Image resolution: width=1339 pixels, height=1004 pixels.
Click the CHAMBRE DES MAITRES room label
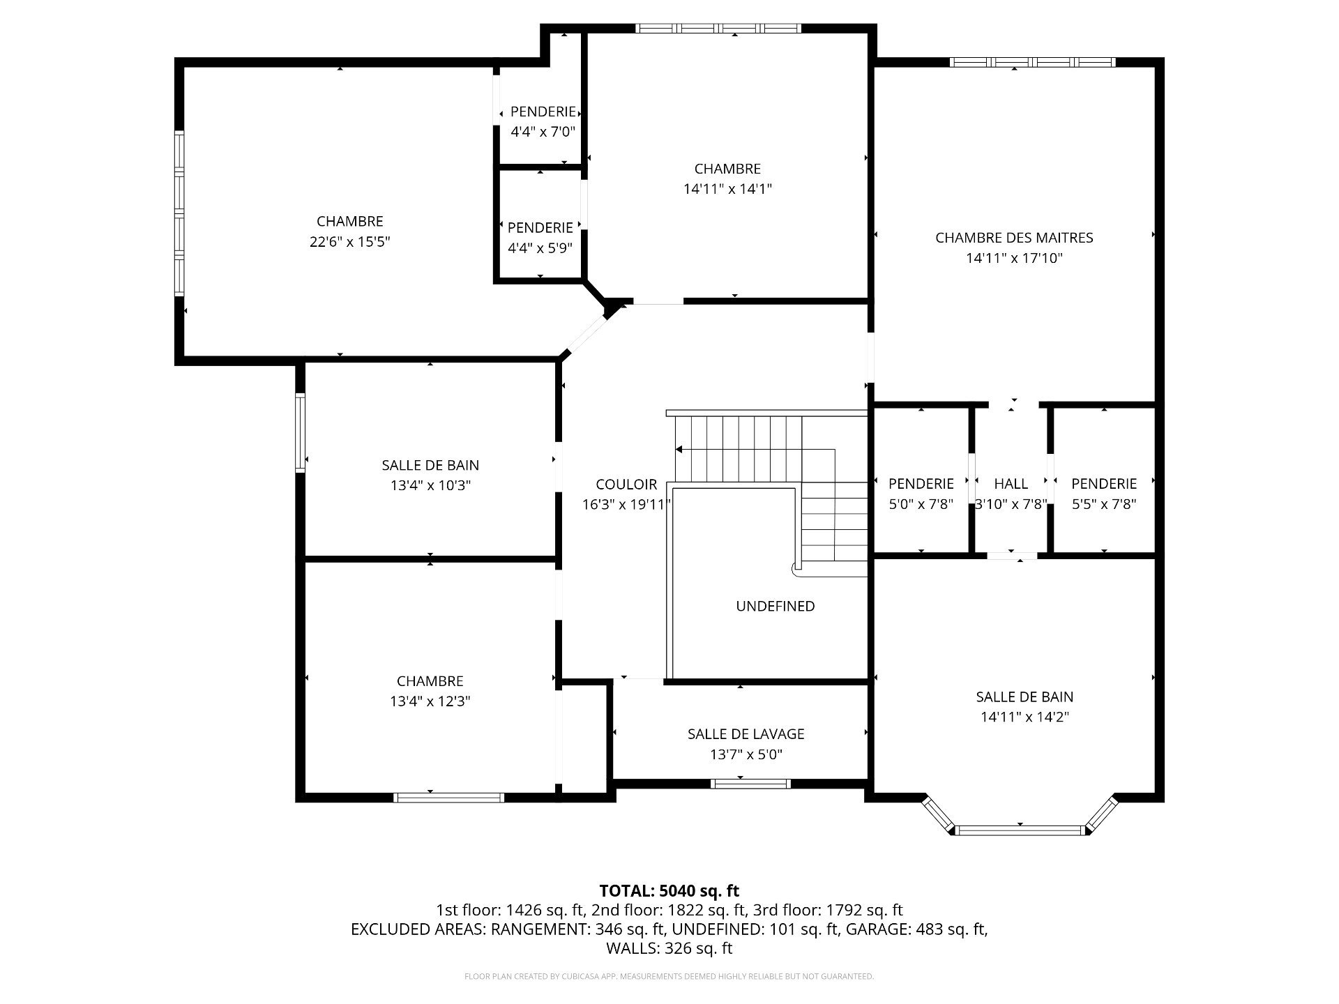coord(1014,238)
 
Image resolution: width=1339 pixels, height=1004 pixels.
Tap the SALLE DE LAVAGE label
coord(746,734)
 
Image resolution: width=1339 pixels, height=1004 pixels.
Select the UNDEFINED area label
coord(776,607)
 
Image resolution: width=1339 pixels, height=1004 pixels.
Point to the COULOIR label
coord(626,485)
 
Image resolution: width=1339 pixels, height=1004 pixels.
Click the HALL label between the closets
coord(1011,484)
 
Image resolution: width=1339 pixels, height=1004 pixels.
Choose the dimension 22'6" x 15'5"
coord(350,242)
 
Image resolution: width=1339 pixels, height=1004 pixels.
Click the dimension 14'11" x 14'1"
coord(727,189)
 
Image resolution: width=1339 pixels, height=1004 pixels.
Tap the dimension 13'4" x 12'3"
coord(430,701)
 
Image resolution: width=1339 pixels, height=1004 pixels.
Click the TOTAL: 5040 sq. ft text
coord(669,891)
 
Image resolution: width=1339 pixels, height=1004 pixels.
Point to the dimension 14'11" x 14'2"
coord(1024,717)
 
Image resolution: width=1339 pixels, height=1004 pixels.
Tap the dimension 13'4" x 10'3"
coord(431,485)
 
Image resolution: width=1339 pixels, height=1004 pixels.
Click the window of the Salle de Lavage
coord(750,784)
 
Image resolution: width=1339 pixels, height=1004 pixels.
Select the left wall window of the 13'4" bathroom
coord(301,433)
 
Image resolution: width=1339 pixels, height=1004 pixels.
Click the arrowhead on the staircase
coord(679,450)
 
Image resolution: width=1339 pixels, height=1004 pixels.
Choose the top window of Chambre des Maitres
coord(1032,62)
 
